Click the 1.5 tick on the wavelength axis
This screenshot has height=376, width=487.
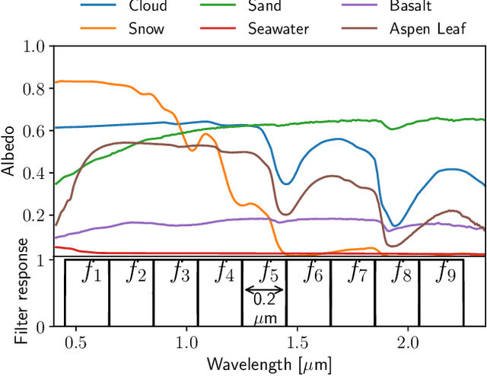[298, 343]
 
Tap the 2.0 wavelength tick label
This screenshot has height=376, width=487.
[409, 343]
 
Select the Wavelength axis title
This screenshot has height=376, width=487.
[269, 365]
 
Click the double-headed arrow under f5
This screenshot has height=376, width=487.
[263, 289]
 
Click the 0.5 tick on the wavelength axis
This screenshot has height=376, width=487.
[75, 343]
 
